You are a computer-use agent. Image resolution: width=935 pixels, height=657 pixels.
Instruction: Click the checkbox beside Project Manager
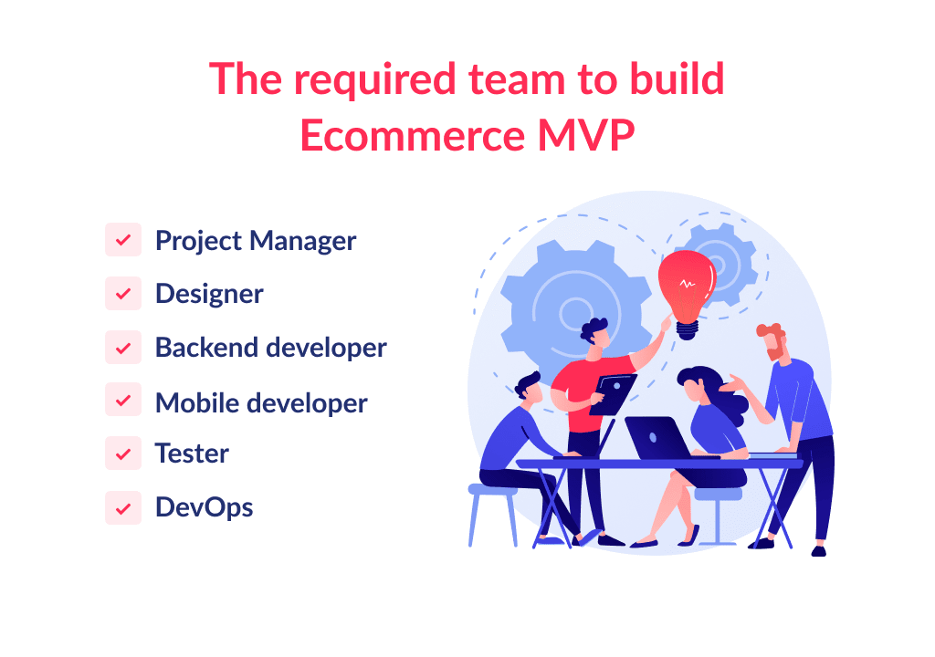[123, 241]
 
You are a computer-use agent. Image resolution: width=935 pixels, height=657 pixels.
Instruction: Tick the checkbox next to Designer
[123, 294]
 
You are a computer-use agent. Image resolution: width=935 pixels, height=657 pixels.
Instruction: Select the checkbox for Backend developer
[123, 348]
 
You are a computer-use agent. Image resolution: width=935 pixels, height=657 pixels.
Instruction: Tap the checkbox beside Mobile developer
[123, 401]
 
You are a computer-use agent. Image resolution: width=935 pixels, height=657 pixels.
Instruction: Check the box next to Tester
[123, 454]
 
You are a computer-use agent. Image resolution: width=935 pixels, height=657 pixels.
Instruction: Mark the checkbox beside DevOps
[123, 507]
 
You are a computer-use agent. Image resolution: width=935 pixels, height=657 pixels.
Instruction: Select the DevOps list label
[204, 507]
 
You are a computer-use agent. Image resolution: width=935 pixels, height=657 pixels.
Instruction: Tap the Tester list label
[192, 454]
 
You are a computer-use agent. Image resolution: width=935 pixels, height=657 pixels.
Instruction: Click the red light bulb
[686, 284]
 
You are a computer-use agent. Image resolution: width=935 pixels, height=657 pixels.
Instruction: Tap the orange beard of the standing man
[774, 349]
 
